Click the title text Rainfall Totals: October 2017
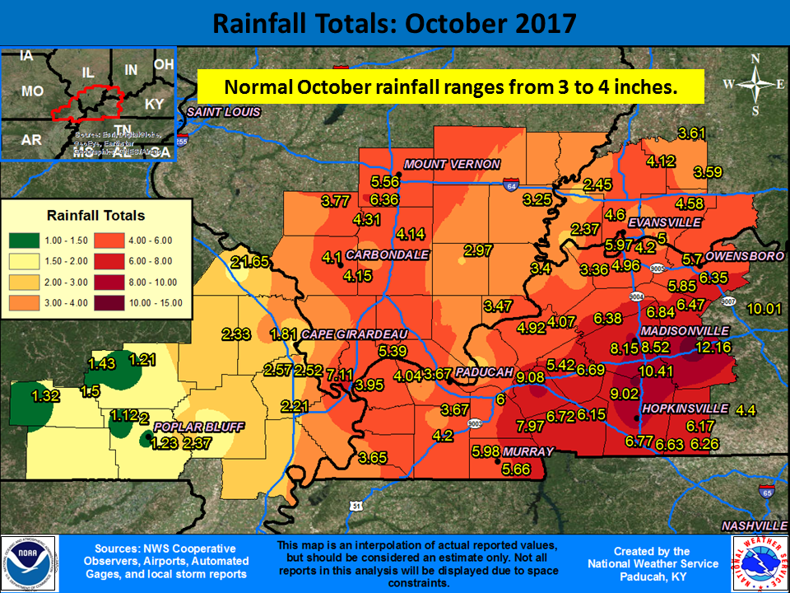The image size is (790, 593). [394, 22]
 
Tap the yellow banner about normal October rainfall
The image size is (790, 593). [450, 86]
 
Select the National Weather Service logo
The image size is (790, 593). [760, 563]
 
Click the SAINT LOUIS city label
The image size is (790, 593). [223, 112]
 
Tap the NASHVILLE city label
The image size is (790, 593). [755, 525]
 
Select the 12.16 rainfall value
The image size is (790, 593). [713, 347]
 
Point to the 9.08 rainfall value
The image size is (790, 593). [530, 376]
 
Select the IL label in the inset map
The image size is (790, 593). [88, 72]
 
